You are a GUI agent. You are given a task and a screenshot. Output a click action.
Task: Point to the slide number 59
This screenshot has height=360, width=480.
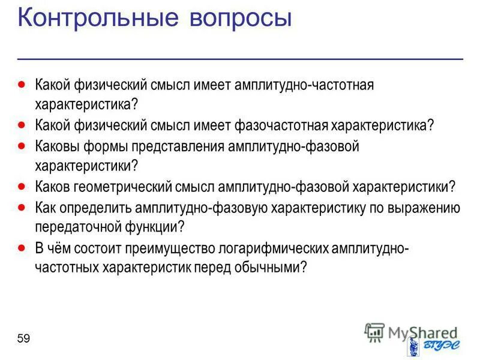click(23, 339)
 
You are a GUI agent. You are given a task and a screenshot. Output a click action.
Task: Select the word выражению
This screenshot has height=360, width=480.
click(427, 208)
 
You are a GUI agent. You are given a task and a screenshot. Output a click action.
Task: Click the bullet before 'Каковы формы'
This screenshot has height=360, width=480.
click(22, 145)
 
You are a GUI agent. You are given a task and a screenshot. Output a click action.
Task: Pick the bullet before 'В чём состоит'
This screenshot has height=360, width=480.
click(22, 247)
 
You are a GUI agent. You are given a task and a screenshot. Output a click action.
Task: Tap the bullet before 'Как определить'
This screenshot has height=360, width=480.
click(22, 206)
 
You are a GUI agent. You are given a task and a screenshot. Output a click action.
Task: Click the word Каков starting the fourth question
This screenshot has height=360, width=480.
click(52, 187)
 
